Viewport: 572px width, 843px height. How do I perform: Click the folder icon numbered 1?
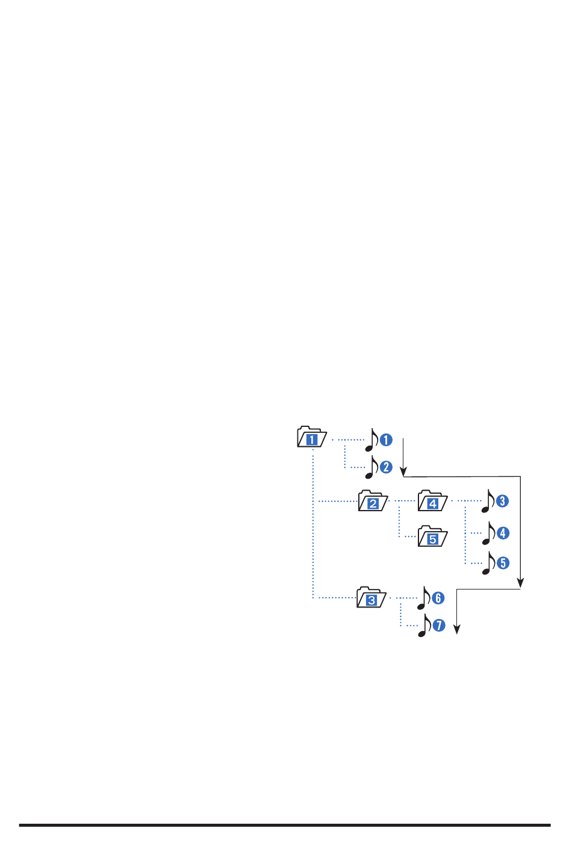coord(312,437)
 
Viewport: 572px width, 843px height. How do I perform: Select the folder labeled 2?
coord(373,501)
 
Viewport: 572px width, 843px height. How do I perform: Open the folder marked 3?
coord(371,598)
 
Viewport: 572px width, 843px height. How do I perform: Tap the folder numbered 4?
coord(432,501)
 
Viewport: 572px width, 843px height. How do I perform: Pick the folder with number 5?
coord(432,537)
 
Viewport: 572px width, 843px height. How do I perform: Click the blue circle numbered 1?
coord(386,440)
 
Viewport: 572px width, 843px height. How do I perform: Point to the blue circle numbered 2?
coord(386,467)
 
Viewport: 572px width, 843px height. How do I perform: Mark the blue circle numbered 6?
coord(438,598)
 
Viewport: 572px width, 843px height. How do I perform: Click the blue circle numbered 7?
coord(438,626)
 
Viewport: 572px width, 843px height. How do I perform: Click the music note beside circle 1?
coord(371,440)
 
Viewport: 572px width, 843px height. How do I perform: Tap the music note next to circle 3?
coord(488,501)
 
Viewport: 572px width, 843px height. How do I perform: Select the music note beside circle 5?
coord(488,563)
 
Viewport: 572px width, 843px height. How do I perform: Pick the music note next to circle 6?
coord(424,598)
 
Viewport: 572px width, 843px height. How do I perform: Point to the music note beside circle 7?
coord(424,626)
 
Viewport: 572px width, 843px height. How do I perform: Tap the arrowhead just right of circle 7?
coord(457,629)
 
